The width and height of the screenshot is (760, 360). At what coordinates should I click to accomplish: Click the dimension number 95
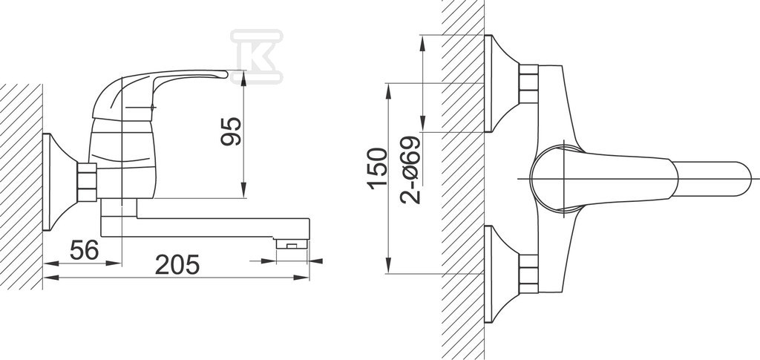pos(231,131)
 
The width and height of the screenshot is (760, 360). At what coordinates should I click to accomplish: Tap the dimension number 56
pos(85,250)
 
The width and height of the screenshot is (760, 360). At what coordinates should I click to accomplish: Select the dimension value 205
pos(177,264)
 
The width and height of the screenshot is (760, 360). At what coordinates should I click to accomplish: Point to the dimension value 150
pos(378,168)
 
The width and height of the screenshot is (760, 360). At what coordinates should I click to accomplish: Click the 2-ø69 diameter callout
pos(410,169)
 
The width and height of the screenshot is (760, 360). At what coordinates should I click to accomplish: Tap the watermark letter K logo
pos(256,56)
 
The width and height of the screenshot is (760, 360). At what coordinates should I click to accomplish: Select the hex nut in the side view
pos(88,182)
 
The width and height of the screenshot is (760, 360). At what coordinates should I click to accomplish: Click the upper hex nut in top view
pos(528,83)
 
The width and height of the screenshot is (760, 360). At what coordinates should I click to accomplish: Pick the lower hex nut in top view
pos(528,274)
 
